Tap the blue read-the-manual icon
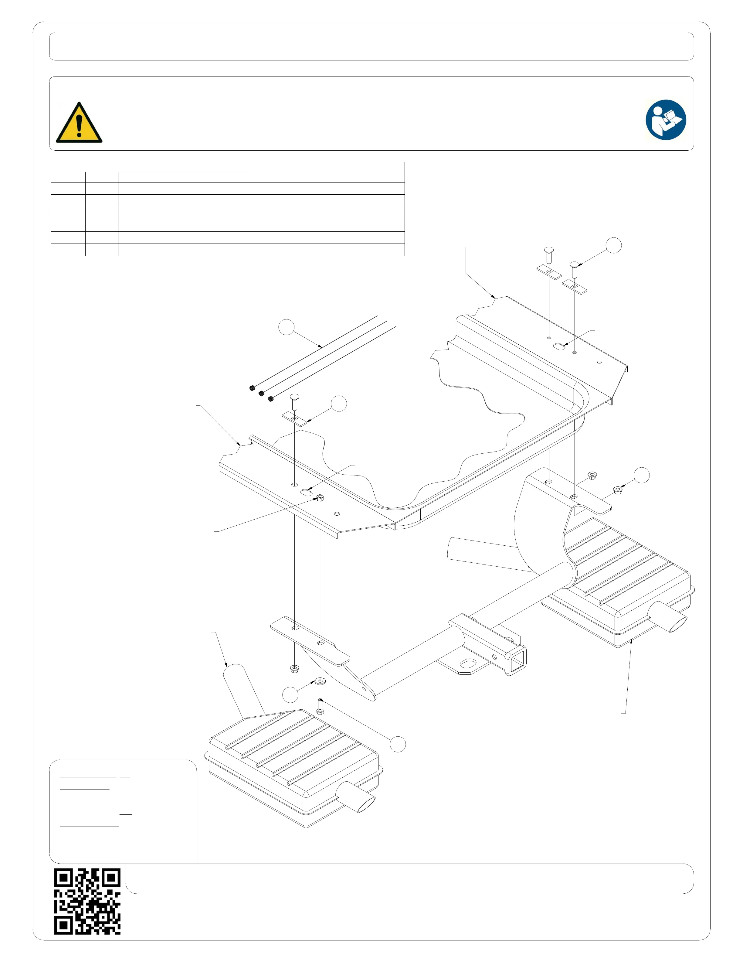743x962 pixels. pyautogui.click(x=666, y=120)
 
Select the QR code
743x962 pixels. pyautogui.click(x=87, y=901)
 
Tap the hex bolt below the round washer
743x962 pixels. pyautogui.click(x=320, y=707)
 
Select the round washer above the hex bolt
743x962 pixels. pyautogui.click(x=320, y=682)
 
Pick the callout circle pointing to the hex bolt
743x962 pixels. pyautogui.click(x=398, y=744)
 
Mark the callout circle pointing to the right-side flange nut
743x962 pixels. pyautogui.click(x=641, y=475)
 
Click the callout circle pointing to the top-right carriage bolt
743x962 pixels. pyautogui.click(x=614, y=245)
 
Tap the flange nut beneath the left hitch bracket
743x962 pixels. pyautogui.click(x=294, y=669)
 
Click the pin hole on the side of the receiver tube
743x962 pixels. pyautogui.click(x=494, y=657)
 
